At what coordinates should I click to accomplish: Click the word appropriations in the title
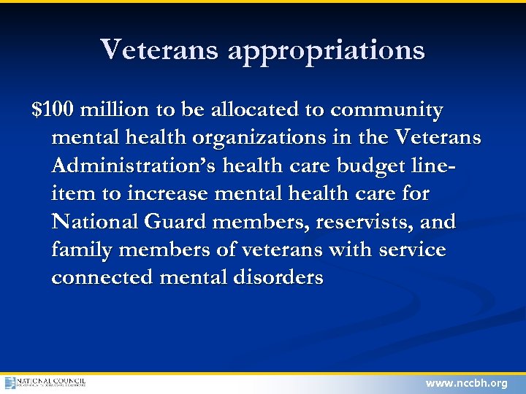coord(326,51)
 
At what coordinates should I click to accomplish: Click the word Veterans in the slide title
coord(159,50)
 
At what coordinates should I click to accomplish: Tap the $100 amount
coord(53,110)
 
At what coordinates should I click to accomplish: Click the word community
coord(386,111)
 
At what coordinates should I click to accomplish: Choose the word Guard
coord(180,222)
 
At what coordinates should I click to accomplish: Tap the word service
coord(411,250)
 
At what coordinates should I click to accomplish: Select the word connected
coord(102,278)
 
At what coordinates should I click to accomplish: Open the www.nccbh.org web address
coord(466,384)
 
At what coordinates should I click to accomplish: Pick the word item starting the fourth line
coord(69,194)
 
